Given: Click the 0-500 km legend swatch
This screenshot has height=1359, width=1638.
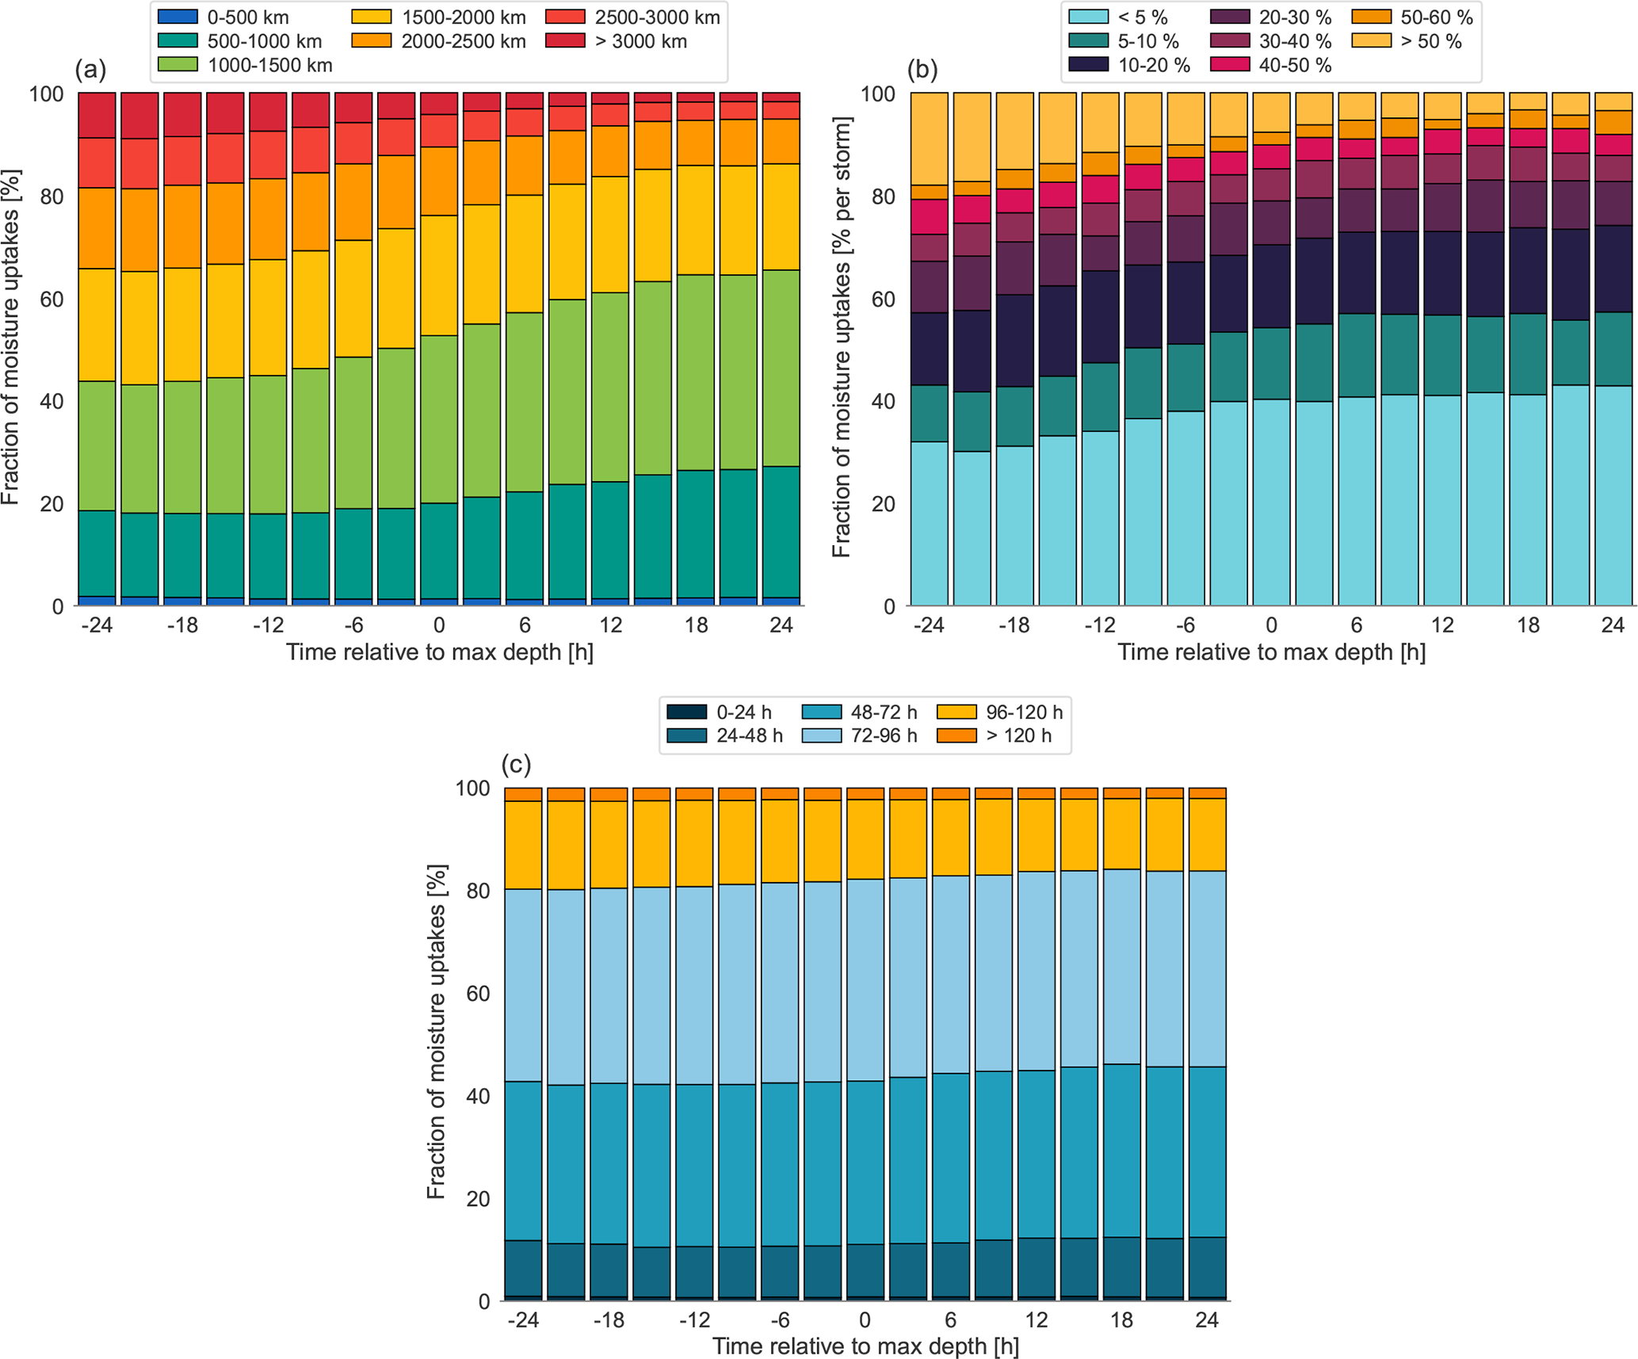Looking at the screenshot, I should coord(178,17).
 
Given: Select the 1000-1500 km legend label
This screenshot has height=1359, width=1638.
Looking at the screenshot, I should coord(269,65).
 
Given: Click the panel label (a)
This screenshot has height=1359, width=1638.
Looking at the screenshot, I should coord(90,70).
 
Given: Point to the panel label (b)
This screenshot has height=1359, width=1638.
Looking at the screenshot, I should coord(922,70).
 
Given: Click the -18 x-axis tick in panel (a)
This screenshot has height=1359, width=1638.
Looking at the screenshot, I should coord(182,625).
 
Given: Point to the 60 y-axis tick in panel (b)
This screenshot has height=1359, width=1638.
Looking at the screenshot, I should coord(884,299).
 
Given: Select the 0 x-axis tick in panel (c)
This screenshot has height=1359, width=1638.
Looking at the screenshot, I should coord(865,1320).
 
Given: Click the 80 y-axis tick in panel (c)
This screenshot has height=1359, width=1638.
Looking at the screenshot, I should coord(478,891).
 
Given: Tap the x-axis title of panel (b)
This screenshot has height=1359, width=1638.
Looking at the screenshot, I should coord(1271,652).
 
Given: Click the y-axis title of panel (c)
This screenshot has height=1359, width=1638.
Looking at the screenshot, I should coord(437,1031).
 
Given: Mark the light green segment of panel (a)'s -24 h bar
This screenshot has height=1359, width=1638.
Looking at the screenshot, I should coord(97,445).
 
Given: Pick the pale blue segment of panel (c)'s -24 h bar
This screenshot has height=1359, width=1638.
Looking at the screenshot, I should coord(523,985).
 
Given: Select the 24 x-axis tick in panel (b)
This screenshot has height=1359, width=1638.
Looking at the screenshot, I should coord(1613,625).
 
